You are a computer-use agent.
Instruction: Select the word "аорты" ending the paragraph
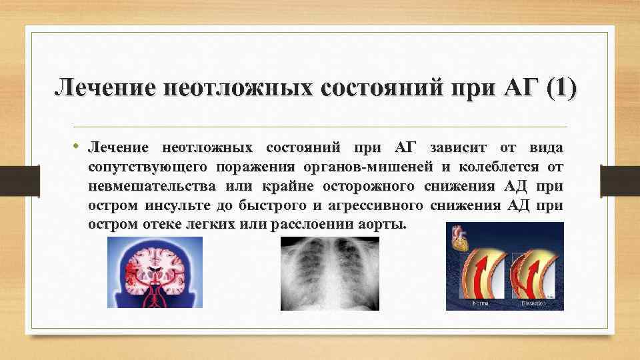(382, 224)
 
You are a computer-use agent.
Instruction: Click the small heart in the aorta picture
(461, 239)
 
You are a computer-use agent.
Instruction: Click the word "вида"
(546, 147)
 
